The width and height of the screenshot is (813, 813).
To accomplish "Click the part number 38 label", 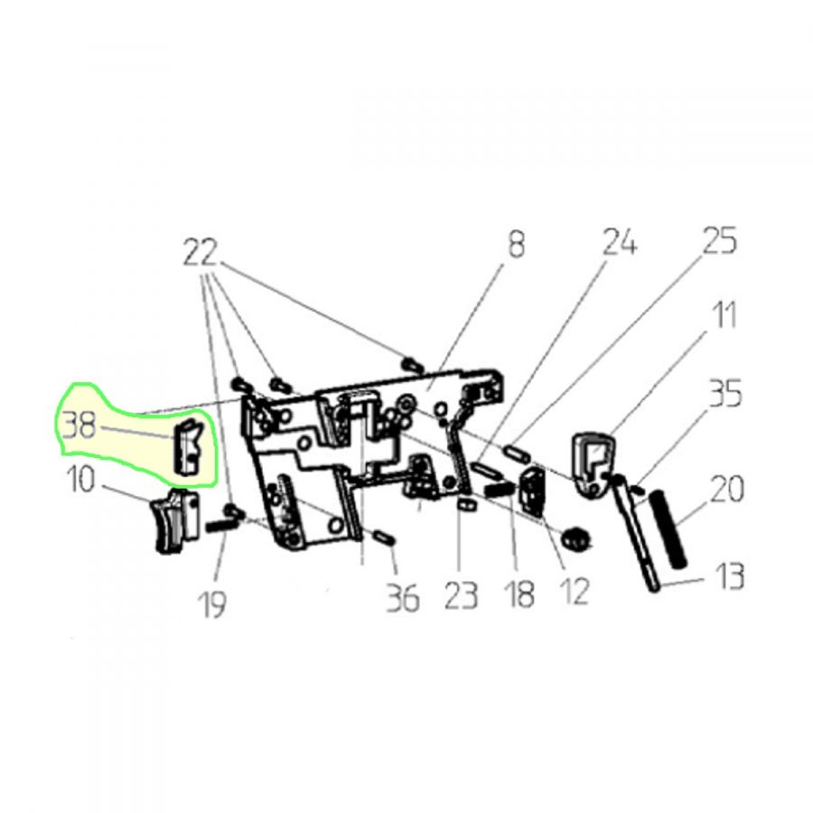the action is click(x=79, y=427).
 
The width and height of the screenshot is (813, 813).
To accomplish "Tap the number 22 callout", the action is click(x=201, y=254).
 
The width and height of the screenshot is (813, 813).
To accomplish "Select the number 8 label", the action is click(x=516, y=244).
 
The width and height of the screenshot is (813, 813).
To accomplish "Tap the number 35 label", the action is click(x=724, y=393).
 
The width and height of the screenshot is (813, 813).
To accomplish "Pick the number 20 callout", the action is click(x=726, y=490).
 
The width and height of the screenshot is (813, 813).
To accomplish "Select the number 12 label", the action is click(x=576, y=591).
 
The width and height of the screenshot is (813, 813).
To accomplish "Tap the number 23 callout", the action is click(x=461, y=596).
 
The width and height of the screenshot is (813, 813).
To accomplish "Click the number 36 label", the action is click(x=403, y=599).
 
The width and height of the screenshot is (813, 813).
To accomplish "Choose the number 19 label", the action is click(x=212, y=603).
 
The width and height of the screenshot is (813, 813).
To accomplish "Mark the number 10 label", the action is click(x=81, y=480).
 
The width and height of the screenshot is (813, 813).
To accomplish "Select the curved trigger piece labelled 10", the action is click(x=174, y=520).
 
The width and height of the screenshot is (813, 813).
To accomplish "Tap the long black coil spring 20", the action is click(x=670, y=528).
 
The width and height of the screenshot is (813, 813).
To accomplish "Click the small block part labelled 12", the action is click(x=532, y=490).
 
